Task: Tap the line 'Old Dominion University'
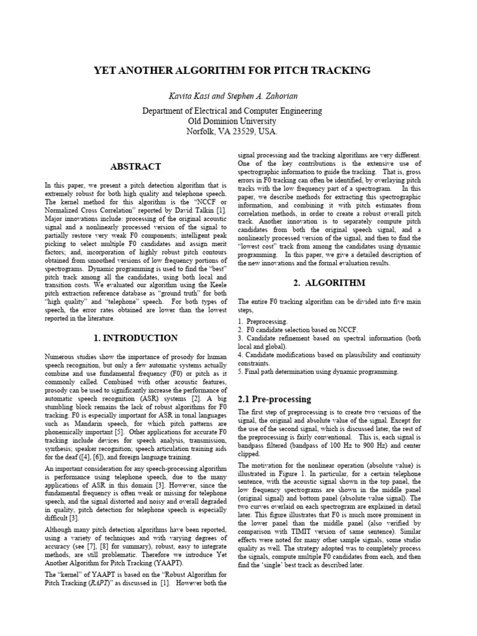[x=232, y=121]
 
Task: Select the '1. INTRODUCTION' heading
[x=135, y=338]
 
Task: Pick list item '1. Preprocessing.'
[x=263, y=322]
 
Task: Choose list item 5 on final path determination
[x=319, y=371]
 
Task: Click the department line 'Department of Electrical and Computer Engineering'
[x=232, y=111]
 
